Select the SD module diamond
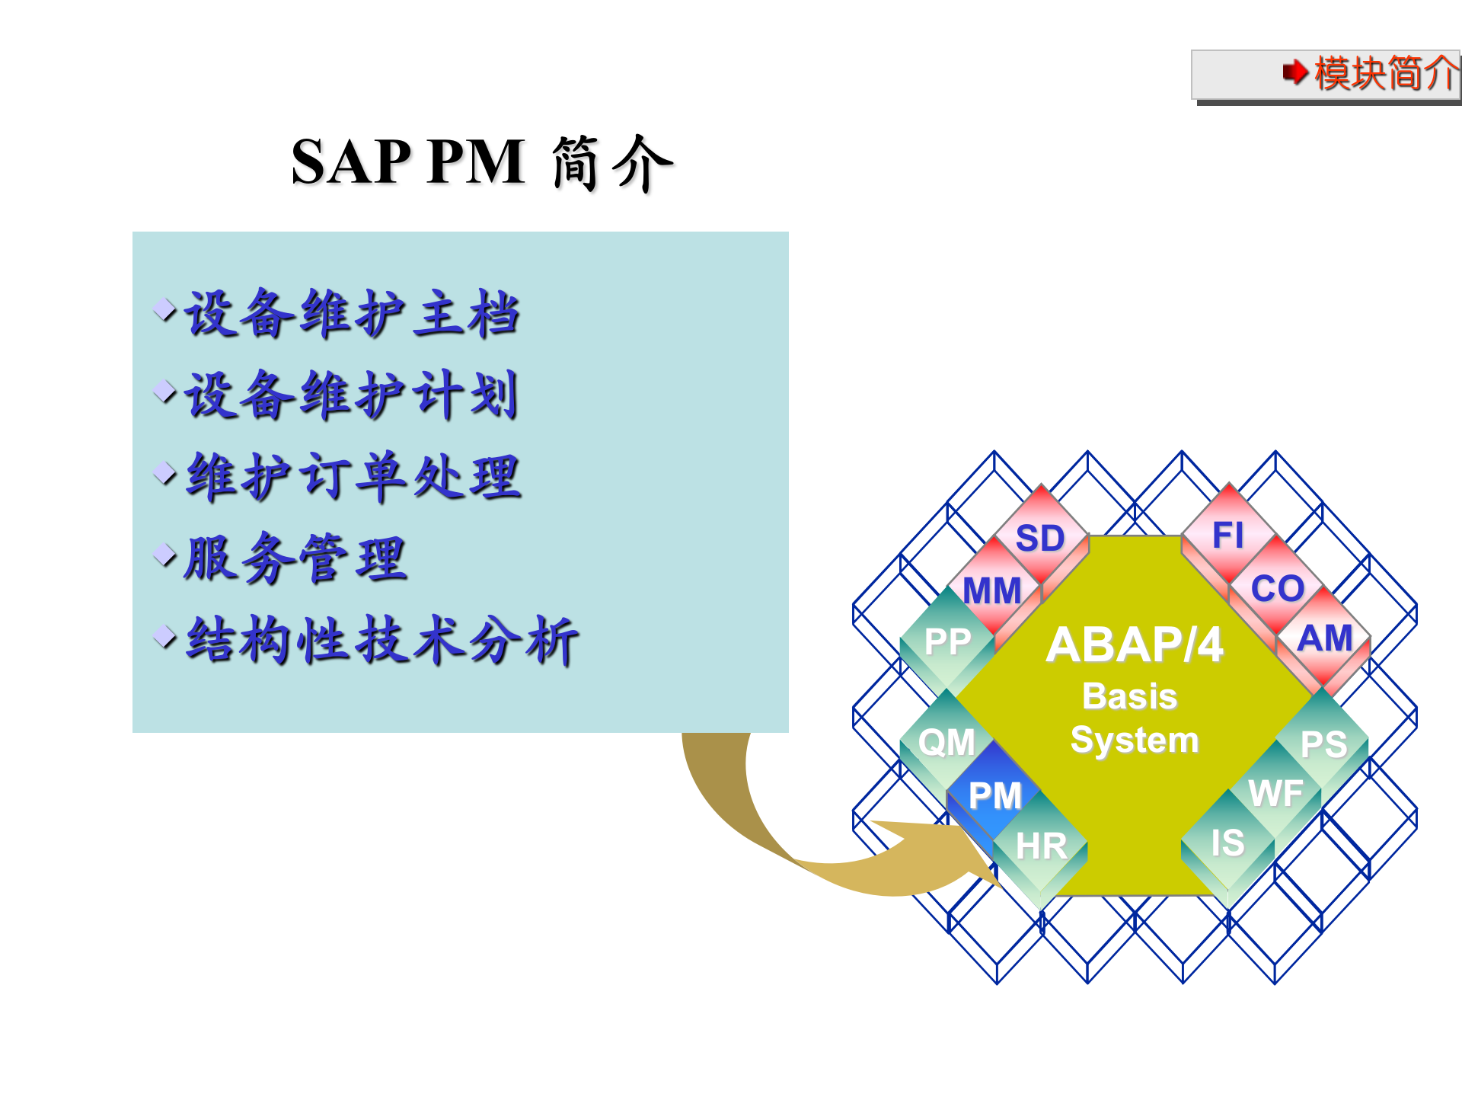(1041, 538)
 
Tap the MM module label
(992, 590)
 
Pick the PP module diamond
(947, 641)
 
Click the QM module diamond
(946, 741)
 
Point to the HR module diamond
(1041, 845)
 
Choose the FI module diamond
(1228, 535)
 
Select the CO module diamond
(1277, 588)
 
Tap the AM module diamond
(1325, 638)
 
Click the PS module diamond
(1323, 744)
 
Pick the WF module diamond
(1275, 793)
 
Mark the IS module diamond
(1227, 843)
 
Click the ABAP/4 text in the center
(1135, 644)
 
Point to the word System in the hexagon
(1135, 740)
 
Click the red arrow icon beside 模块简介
(1294, 73)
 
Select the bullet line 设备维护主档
(352, 314)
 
